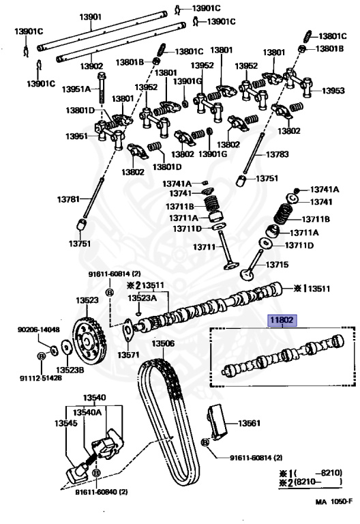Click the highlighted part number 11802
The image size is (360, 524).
pyautogui.click(x=282, y=321)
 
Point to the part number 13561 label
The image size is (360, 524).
pyautogui.click(x=249, y=424)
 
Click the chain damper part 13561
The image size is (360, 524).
pyautogui.click(x=216, y=422)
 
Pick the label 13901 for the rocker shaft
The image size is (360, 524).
pyautogui.click(x=90, y=16)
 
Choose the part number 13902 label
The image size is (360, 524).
pyautogui.click(x=91, y=65)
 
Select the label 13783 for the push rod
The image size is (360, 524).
pyautogui.click(x=277, y=154)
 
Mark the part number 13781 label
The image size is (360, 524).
pyautogui.click(x=68, y=199)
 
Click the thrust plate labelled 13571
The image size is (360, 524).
pyautogui.click(x=127, y=330)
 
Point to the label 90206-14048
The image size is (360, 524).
pyautogui.click(x=39, y=330)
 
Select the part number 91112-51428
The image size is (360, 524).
pyautogui.click(x=41, y=378)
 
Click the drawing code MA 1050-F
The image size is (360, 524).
pyautogui.click(x=334, y=501)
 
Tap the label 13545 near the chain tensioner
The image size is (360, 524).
pyautogui.click(x=65, y=424)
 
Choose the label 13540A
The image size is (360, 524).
pyautogui.click(x=87, y=412)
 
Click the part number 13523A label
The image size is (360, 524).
pyautogui.click(x=142, y=297)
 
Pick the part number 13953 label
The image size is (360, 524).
pyautogui.click(x=333, y=91)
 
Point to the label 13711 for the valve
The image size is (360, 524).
pyautogui.click(x=205, y=246)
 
